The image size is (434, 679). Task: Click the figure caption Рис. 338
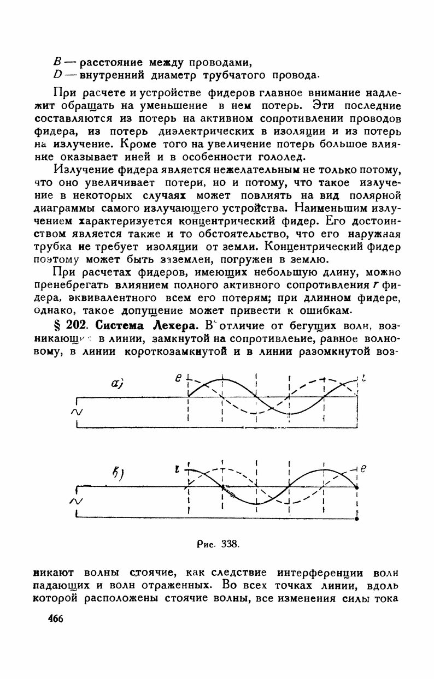(x=219, y=544)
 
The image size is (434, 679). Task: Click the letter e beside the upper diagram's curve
(x=178, y=377)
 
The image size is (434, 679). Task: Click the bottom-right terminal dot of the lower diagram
(x=356, y=520)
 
